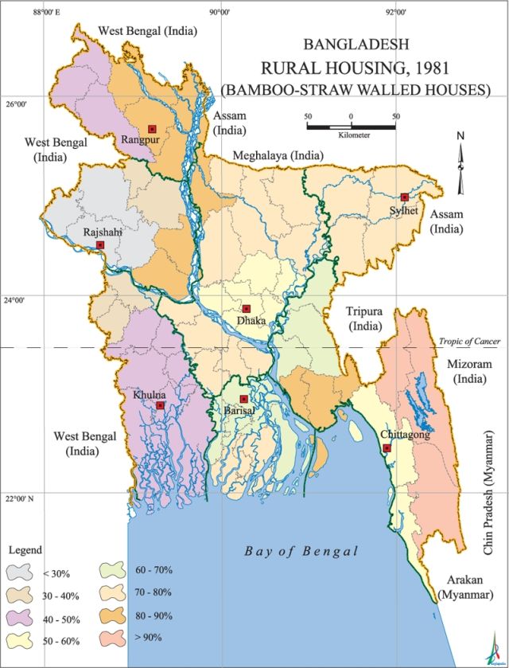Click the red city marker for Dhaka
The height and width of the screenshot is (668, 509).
247,309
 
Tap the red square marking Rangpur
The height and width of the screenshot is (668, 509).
151,129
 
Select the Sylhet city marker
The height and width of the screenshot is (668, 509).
405,197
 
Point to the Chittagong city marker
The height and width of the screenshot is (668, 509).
387,448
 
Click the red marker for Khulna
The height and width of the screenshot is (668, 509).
160,405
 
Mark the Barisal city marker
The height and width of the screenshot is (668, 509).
244,399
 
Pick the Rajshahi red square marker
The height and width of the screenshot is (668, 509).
100,245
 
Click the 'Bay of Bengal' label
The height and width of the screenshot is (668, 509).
301,551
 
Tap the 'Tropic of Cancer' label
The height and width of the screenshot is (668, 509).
469,342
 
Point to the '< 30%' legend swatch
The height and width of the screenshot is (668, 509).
20,572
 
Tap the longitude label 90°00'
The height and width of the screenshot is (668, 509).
220,13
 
